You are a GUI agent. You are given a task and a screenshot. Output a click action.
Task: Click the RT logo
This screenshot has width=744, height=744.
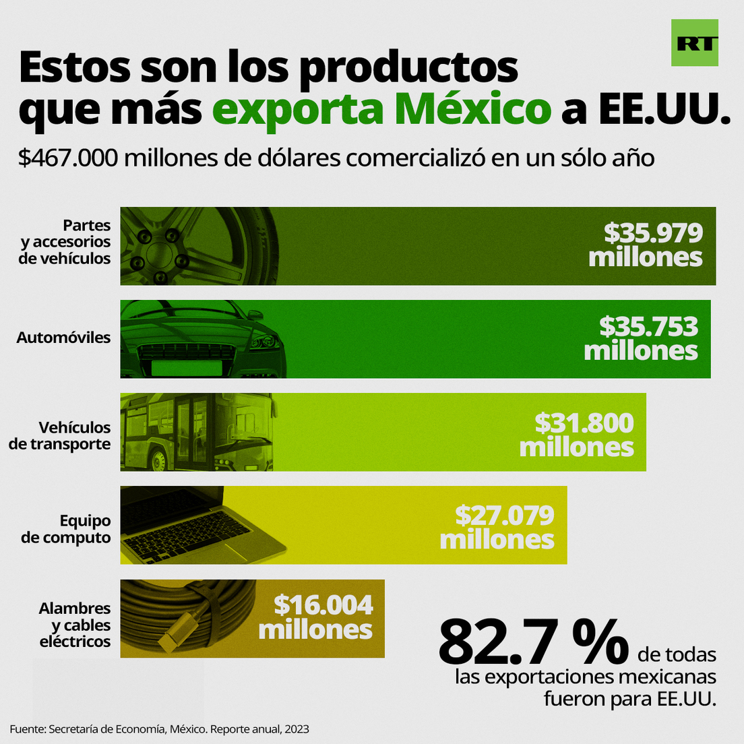tap(694, 43)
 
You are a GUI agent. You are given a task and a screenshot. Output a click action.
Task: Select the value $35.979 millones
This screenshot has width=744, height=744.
tap(646, 245)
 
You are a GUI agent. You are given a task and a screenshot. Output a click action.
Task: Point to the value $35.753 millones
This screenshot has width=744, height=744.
tap(641, 338)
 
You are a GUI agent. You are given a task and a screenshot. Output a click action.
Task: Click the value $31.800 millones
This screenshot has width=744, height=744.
tap(577, 435)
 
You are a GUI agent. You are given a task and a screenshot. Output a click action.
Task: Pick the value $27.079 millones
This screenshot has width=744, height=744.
tap(497, 528)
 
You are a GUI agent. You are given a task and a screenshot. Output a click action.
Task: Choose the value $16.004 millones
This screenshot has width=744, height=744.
tap(315, 617)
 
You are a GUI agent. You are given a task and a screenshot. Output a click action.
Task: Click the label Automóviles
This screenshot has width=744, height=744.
tap(63, 338)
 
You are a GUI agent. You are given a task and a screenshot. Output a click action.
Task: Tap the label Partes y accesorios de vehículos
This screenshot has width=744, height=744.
tap(65, 242)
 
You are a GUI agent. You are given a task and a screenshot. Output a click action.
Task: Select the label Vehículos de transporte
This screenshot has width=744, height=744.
tap(60, 435)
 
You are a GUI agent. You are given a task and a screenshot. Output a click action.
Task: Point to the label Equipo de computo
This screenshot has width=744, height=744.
tap(66, 529)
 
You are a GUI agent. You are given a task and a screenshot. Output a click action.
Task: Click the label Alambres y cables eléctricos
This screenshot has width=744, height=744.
tap(74, 625)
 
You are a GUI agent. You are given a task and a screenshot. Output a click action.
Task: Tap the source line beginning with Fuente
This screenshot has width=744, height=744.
tap(159, 729)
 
